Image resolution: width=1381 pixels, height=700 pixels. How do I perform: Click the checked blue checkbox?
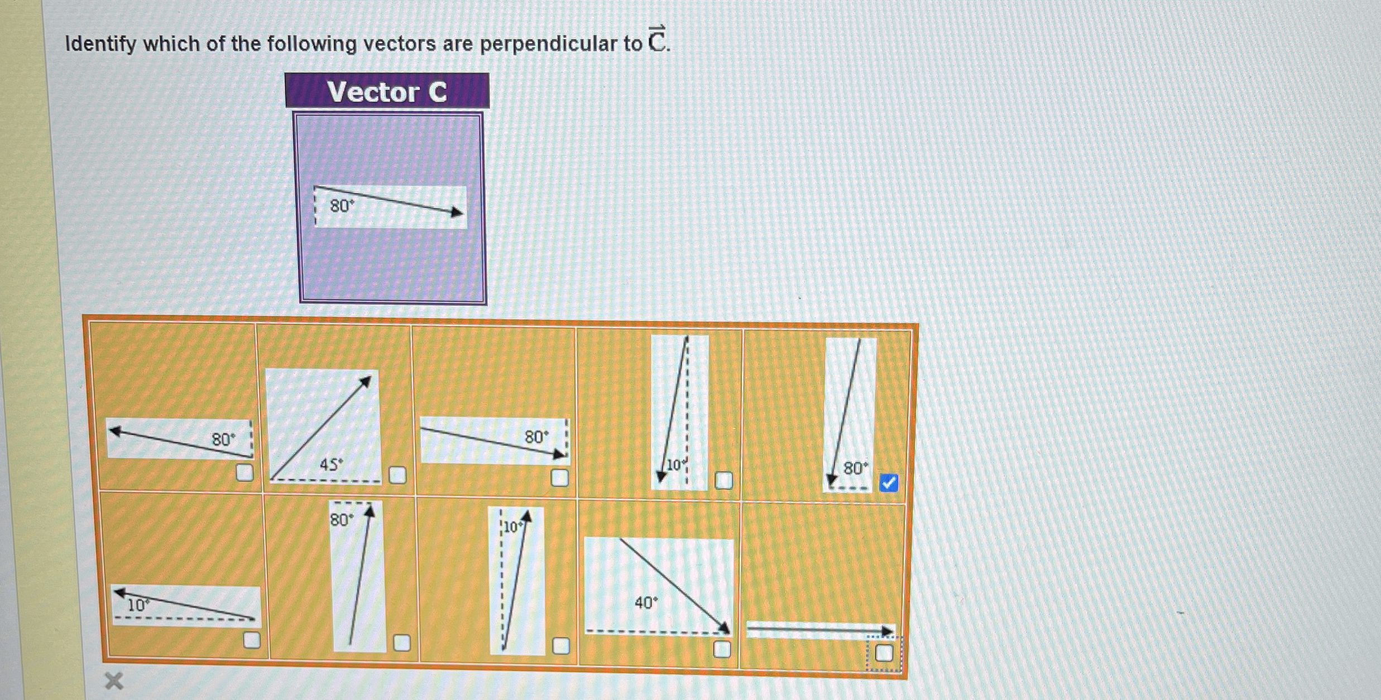[889, 483]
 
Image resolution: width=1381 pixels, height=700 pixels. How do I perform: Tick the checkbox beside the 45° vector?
[397, 475]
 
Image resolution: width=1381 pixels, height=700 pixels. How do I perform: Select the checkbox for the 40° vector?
[722, 649]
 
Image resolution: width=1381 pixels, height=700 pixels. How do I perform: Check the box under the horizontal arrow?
[884, 653]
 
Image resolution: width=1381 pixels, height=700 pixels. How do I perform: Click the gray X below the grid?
[114, 681]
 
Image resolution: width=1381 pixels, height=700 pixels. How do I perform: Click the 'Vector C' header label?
[387, 92]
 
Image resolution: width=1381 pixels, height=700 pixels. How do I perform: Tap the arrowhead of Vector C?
[457, 212]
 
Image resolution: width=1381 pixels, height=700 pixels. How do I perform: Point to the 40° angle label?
[646, 603]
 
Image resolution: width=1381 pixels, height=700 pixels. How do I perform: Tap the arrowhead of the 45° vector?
[365, 382]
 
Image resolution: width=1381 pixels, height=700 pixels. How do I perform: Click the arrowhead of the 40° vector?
[723, 628]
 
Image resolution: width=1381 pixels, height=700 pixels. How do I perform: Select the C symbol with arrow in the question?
[657, 40]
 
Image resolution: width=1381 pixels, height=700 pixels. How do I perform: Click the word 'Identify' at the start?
[100, 44]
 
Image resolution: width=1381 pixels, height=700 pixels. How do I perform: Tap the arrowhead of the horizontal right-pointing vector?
[887, 631]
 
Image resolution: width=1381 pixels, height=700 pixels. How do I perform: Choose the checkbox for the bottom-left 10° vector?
[252, 640]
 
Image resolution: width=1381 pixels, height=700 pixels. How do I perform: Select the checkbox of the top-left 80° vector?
[244, 473]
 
